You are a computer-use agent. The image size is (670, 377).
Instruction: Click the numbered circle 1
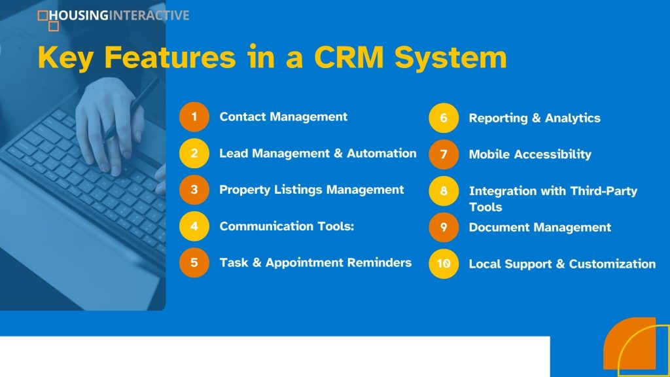click(194, 117)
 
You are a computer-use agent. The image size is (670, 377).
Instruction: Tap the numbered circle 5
click(194, 262)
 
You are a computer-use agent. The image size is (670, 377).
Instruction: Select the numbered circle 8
click(444, 190)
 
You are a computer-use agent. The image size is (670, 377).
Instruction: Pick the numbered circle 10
click(444, 264)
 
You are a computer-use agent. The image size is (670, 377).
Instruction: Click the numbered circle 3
click(194, 189)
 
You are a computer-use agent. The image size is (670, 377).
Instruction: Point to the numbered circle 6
click(444, 118)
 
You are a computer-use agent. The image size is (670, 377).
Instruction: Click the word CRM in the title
click(349, 57)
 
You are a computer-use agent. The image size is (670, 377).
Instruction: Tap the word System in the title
click(450, 58)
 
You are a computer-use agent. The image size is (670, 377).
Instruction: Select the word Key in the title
click(65, 58)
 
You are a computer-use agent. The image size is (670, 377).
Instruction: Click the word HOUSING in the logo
click(79, 16)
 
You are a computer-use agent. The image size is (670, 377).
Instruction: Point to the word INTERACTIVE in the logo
click(149, 16)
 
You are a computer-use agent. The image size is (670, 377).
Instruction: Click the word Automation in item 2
click(381, 153)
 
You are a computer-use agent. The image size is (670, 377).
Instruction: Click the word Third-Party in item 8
click(603, 191)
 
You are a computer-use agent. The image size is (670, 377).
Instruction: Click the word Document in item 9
click(495, 227)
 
